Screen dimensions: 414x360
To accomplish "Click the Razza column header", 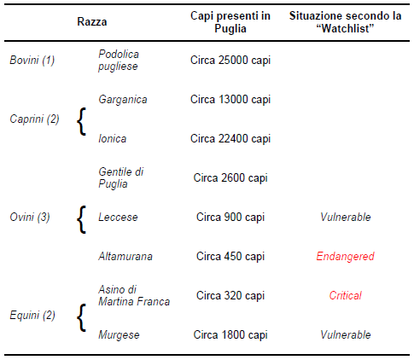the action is tap(92, 22).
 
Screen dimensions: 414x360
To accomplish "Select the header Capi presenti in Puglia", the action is tap(230, 22).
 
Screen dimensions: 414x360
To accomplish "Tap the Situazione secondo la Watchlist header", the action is tap(345, 22).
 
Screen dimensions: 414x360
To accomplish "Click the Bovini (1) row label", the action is tap(32, 61).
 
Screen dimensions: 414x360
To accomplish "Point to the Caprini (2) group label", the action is tap(34, 119).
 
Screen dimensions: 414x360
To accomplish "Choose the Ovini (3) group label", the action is tap(30, 218).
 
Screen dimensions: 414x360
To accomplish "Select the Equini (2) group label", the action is tap(32, 316).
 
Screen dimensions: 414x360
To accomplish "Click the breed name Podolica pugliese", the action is tap(119, 61).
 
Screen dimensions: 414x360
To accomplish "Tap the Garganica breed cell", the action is tap(123, 100).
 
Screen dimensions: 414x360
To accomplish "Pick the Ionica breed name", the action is tap(113, 139).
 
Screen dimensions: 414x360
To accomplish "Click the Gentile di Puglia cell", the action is tap(121, 178).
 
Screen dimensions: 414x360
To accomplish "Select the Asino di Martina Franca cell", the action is tap(134, 296).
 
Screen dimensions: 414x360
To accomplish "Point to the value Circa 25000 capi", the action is tap(230, 61).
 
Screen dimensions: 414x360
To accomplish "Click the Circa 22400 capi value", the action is tap(230, 139).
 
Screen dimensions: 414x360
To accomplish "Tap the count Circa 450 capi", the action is tap(230, 257).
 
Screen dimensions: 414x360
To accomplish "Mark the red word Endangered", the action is tap(345, 257).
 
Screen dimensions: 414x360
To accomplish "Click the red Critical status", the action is tap(345, 296).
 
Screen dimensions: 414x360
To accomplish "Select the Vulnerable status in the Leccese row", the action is tap(346, 218).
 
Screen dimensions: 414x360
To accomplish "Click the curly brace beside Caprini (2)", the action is tap(82, 121).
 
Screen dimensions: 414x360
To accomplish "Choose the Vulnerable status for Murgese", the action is tap(346, 335).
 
